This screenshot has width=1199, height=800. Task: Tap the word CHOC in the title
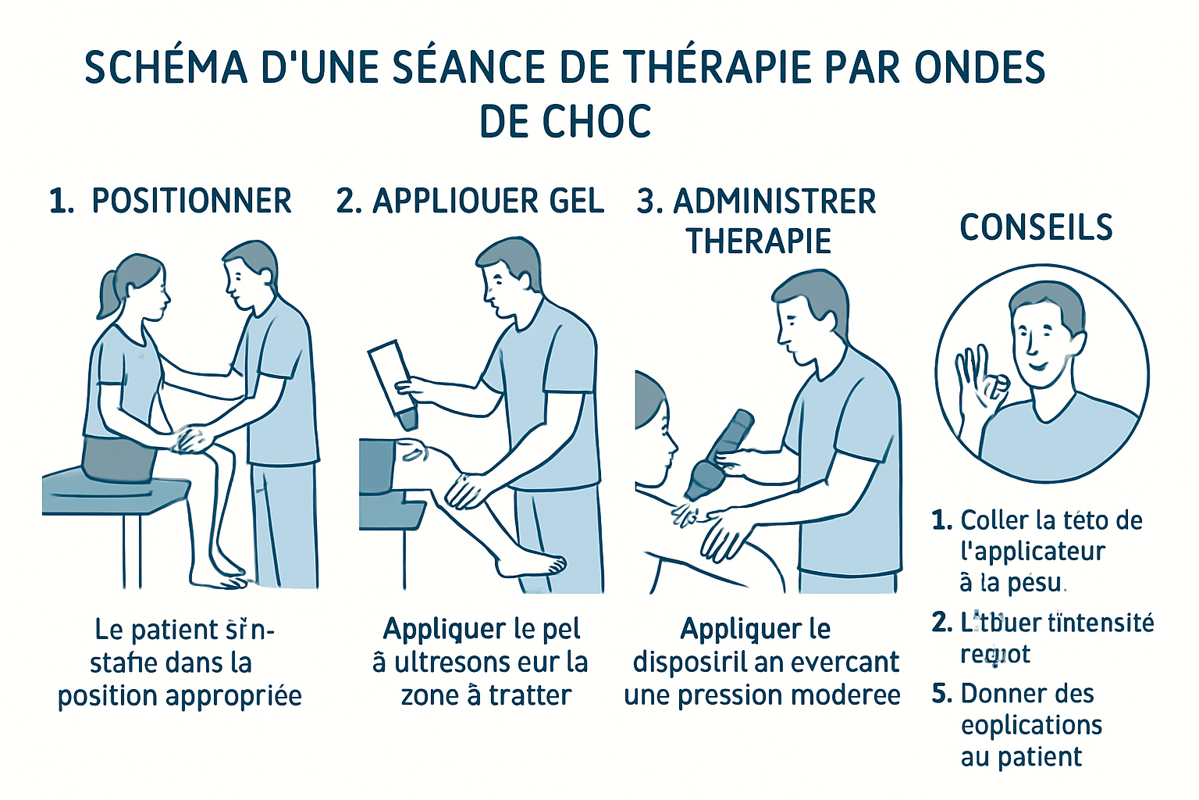[x=597, y=122]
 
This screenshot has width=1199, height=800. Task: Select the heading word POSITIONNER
[x=191, y=202]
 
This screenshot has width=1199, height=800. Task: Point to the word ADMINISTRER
[x=774, y=202]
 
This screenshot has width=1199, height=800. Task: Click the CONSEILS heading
[x=1036, y=228]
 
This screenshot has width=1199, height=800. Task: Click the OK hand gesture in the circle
[x=979, y=383]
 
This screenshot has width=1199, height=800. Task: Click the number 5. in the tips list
[x=942, y=694]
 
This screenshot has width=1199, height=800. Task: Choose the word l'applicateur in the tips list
[x=1032, y=552]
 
